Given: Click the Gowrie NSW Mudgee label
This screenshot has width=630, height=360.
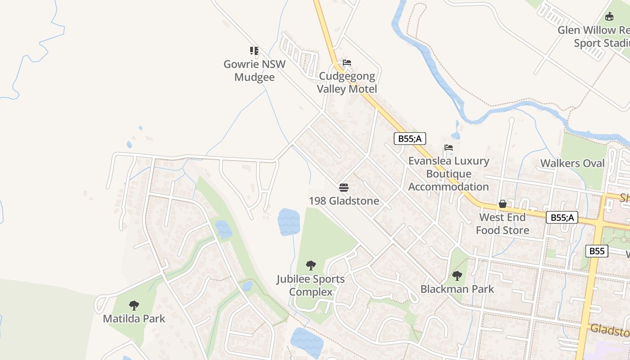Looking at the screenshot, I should tap(254, 71).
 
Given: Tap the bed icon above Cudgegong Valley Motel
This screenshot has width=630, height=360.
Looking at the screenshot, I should tap(346, 63).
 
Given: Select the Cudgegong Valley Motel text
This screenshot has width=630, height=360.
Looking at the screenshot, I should tap(346, 83).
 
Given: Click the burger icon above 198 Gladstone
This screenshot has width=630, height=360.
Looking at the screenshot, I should tap(344, 187).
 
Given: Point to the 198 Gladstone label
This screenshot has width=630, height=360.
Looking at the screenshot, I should tap(344, 201).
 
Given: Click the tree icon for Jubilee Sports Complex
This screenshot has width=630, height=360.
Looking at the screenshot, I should tap(310, 265).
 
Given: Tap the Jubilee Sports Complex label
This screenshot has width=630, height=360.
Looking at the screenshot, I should tap(310, 285).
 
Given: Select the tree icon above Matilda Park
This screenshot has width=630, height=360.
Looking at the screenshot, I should tap(134, 306).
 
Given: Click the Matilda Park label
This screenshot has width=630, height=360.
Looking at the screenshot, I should tap(134, 319).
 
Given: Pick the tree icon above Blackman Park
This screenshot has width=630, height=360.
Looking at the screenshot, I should tap(457, 275).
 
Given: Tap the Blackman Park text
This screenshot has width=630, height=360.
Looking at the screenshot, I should tap(457, 289).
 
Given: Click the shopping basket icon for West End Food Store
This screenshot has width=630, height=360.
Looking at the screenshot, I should tap(502, 204).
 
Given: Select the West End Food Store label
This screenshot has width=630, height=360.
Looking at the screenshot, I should tap(502, 224).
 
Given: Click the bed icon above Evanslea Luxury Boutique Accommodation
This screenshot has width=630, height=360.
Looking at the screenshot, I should tap(448, 148).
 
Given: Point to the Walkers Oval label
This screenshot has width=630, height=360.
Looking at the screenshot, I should tap(572, 163).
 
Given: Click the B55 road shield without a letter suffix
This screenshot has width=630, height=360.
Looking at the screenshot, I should tap(597, 251).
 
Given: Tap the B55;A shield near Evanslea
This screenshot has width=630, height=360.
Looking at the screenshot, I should tap(409, 139).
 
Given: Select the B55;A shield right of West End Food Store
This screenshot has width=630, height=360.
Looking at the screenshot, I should tap(562, 218).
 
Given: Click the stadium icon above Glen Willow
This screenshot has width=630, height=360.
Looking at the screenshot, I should tap(609, 17).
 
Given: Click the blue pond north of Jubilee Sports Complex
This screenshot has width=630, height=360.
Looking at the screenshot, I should tap(288, 222).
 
